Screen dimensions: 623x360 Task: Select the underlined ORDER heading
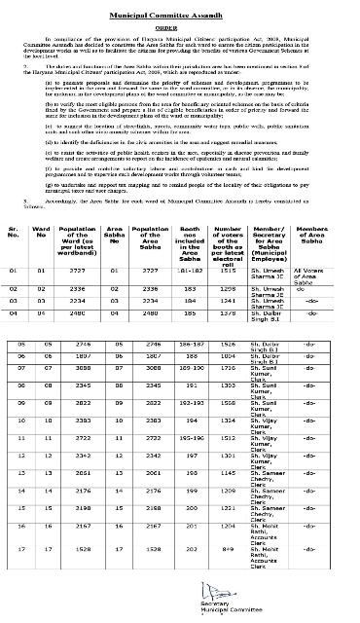coord(179,26)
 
